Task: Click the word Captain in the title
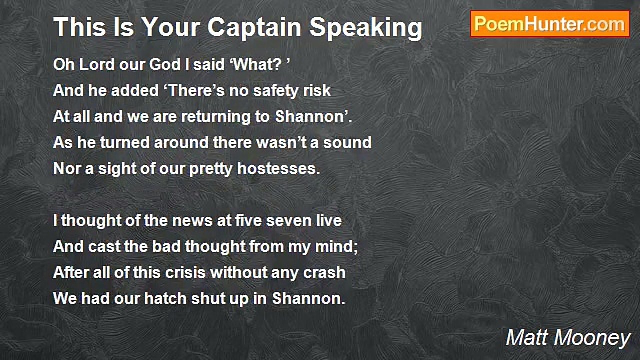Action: coord(254,28)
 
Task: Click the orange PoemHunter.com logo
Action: coord(550,24)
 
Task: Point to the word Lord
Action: coord(97,64)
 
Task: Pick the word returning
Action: coord(216,117)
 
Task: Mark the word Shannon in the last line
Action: coord(306,299)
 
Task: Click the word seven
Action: coord(289,221)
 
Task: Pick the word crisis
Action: coord(185,273)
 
